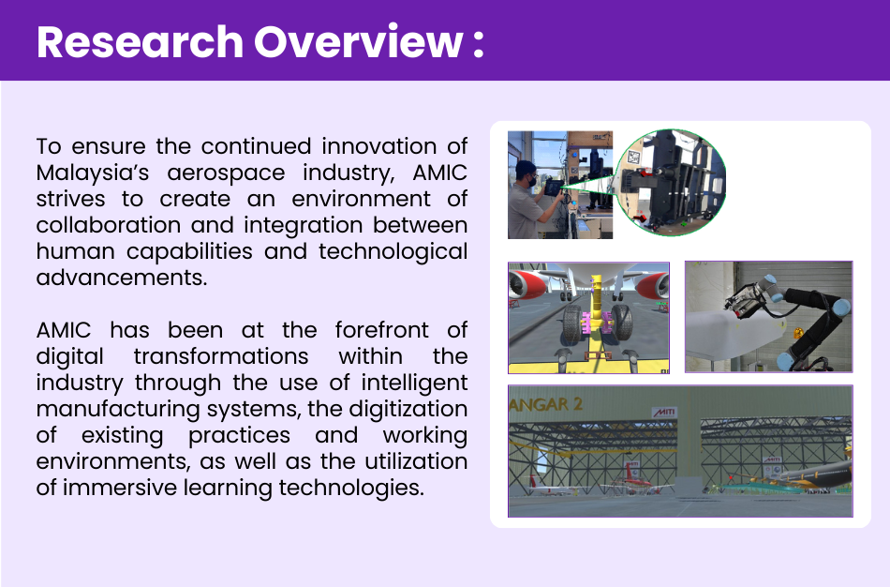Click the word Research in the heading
[x=141, y=42]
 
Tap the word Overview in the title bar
[x=358, y=42]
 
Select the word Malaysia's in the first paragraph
[x=93, y=173]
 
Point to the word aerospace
[x=226, y=173]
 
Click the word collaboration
[x=108, y=225]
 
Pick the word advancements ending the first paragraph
[x=122, y=278]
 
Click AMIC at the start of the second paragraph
[x=64, y=330]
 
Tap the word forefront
[x=381, y=329]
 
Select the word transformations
[x=221, y=356]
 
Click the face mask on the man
[x=532, y=181]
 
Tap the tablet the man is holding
[x=553, y=188]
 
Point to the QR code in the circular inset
[x=634, y=157]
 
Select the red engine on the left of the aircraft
[x=527, y=283]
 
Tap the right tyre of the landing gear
[x=621, y=323]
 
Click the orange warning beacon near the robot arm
[x=797, y=332]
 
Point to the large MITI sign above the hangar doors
[x=664, y=413]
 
